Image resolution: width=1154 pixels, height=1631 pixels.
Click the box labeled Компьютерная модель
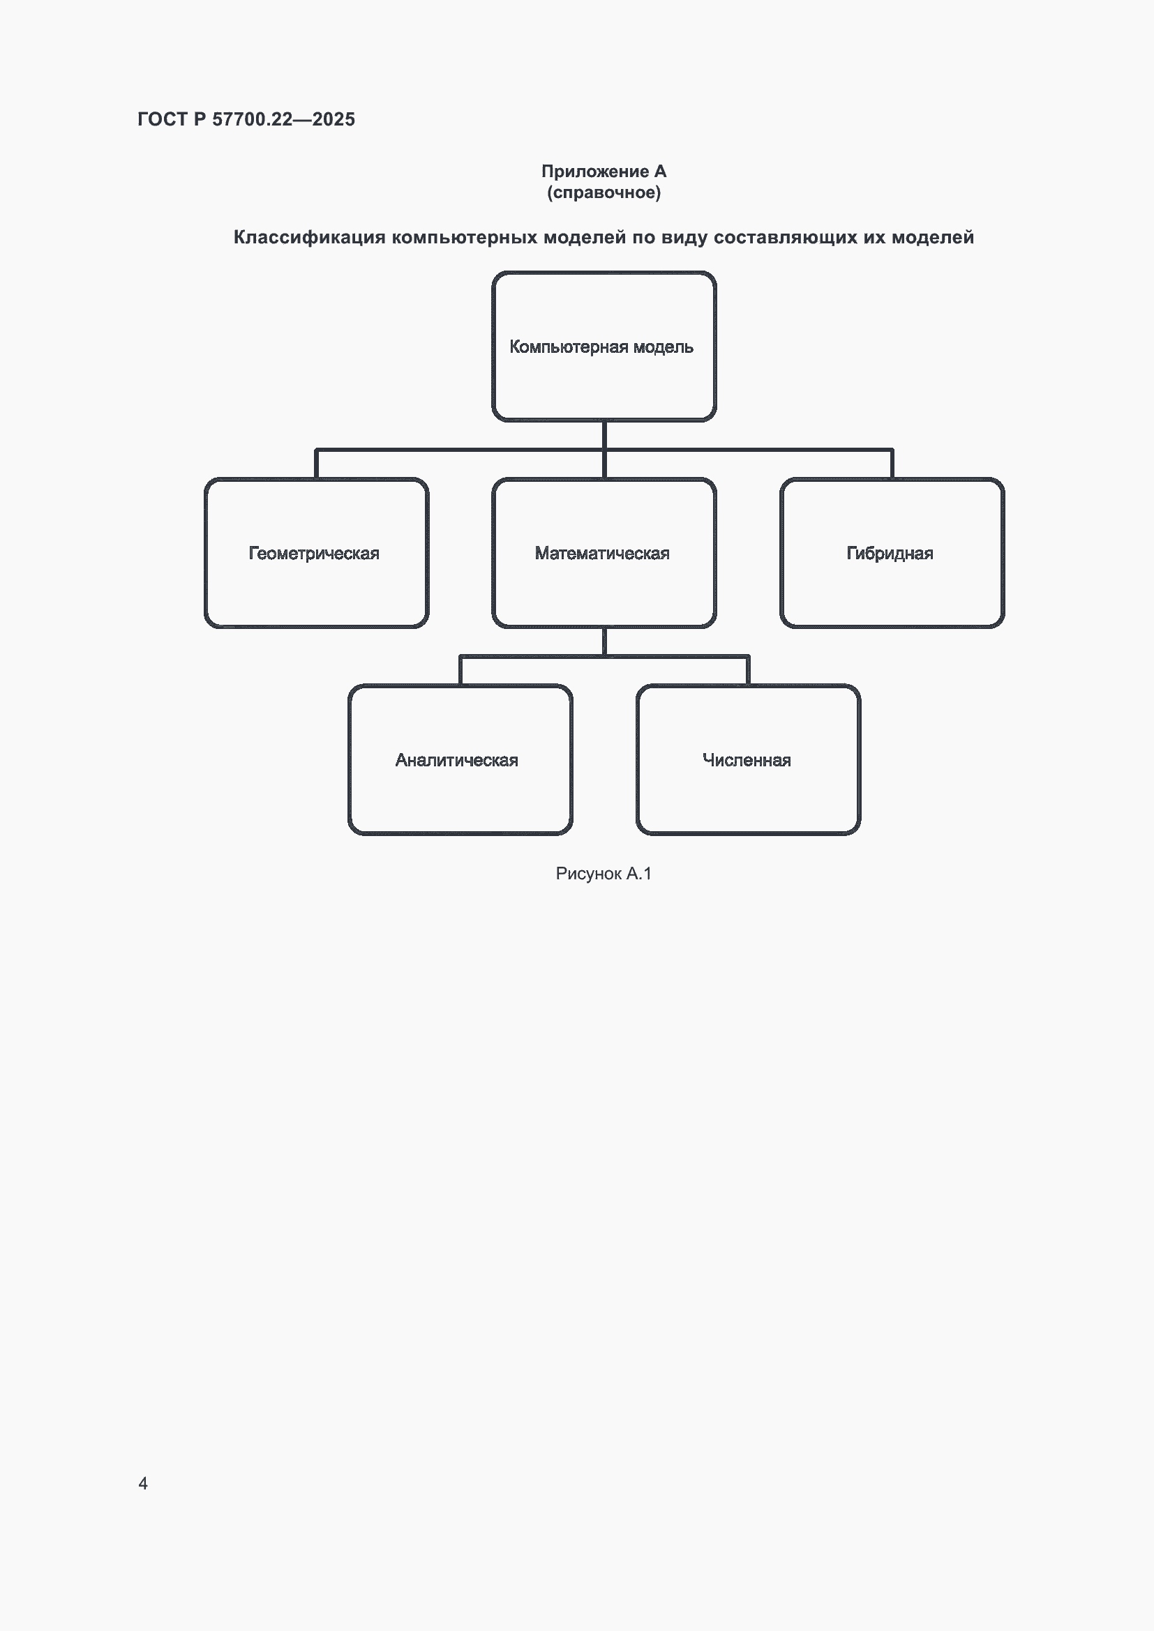604,347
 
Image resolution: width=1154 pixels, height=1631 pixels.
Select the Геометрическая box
316,553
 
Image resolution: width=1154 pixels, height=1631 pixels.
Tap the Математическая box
604,553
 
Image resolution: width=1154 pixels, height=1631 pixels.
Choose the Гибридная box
892,553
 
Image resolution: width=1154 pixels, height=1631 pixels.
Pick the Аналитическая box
460,759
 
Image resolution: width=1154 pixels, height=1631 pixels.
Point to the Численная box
747,759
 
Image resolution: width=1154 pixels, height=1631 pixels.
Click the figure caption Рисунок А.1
604,874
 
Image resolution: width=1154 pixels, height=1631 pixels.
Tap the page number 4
143,1483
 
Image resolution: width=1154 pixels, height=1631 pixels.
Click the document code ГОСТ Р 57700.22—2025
246,119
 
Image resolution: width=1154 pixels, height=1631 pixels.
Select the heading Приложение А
604,172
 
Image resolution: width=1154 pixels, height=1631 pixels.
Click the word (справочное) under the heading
604,192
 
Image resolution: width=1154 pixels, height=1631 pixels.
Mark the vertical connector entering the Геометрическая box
316,464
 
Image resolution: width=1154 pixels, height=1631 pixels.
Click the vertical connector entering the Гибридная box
892,464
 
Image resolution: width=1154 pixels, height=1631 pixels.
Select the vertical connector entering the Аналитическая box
460,671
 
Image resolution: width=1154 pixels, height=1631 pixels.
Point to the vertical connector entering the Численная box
747,671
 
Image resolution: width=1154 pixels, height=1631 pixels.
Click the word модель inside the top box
663,347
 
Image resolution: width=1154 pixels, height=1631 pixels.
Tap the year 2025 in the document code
334,119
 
